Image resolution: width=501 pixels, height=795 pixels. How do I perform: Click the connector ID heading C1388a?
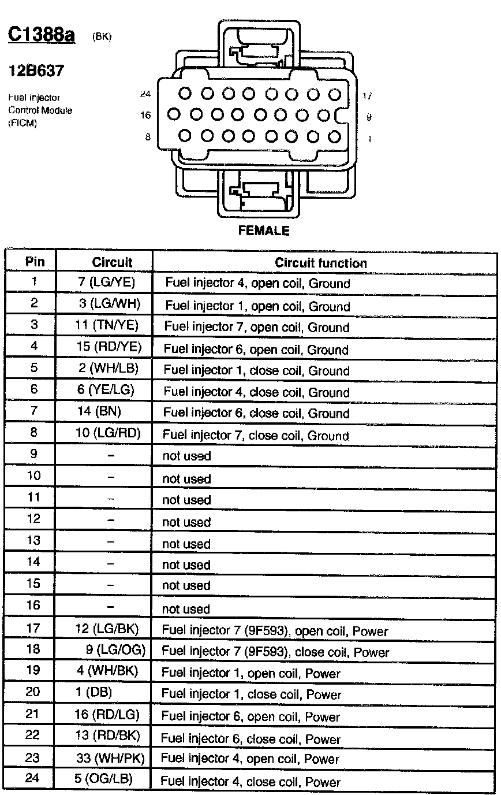(41, 35)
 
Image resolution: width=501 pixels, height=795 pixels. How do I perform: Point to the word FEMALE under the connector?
(263, 231)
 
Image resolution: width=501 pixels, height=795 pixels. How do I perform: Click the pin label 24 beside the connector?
(145, 94)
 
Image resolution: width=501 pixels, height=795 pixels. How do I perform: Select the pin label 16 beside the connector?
(145, 116)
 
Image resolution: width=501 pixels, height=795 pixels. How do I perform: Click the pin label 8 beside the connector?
(147, 137)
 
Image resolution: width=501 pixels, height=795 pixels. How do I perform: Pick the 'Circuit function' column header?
(320, 263)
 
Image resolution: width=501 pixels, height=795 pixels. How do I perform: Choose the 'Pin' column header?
(35, 262)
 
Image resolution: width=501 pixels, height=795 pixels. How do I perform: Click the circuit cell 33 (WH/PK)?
(110, 757)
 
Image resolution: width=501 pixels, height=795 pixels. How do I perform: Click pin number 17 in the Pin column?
(34, 627)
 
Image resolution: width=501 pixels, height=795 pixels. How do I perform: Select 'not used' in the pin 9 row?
(186, 456)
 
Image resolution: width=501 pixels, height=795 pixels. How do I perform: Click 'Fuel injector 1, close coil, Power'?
(251, 694)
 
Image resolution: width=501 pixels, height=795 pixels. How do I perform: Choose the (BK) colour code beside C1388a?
(102, 37)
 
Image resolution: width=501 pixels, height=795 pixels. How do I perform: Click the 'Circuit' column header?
(112, 262)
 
